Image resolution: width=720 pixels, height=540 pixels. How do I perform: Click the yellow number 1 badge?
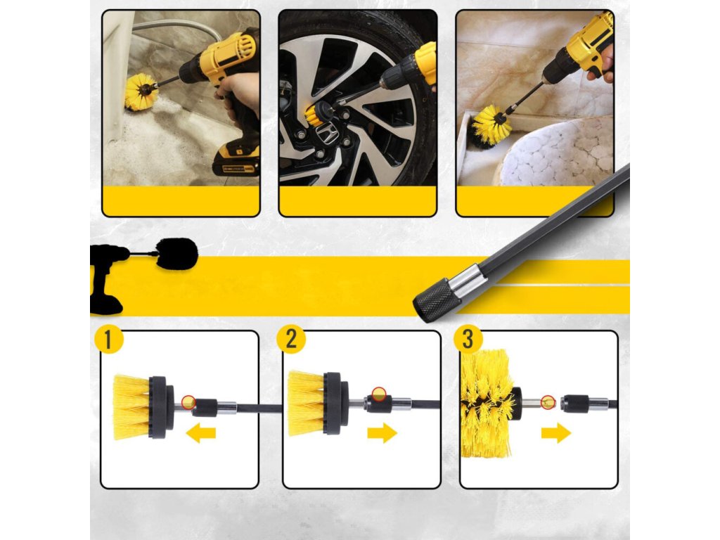point(108,340)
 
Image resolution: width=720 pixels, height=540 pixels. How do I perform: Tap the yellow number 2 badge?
point(290,340)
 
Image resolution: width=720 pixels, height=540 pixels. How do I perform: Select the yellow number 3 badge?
point(468,340)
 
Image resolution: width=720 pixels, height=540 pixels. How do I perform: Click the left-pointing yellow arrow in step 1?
point(200,433)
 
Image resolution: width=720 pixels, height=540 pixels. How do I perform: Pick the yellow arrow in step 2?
point(382,433)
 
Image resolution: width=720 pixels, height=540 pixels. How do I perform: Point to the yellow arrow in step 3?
point(556,433)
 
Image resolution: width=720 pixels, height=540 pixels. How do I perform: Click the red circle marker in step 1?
point(188,401)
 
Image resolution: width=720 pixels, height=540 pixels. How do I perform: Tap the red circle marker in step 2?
point(378,394)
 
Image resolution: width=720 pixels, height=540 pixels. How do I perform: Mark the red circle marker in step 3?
point(548,402)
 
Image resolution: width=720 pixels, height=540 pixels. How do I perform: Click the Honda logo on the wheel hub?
point(327,135)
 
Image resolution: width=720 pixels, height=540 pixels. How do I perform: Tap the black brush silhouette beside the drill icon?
point(177,254)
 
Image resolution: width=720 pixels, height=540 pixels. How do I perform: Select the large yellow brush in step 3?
point(487,404)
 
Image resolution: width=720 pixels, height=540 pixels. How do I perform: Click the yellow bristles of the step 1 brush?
point(131,407)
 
